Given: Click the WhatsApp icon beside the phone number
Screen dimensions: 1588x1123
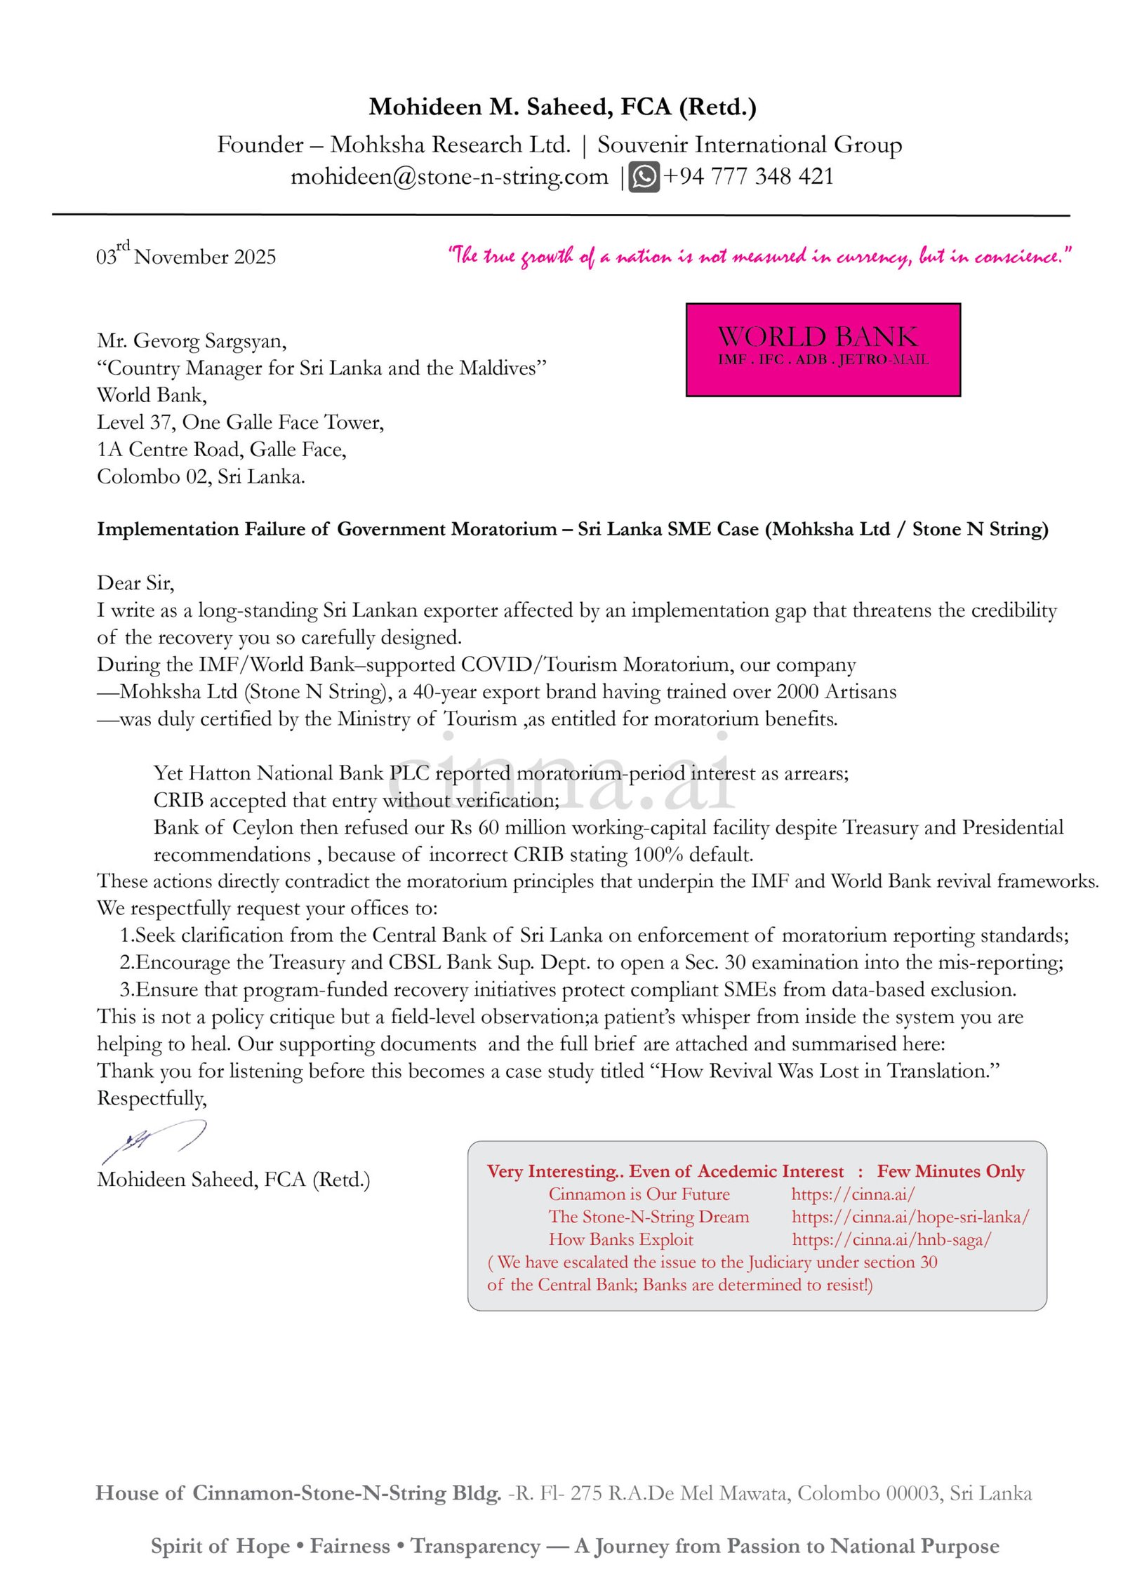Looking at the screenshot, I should tap(643, 176).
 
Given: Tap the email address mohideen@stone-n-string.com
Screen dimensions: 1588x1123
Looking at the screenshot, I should tap(449, 177).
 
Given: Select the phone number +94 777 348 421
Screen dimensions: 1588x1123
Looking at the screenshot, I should tap(748, 176).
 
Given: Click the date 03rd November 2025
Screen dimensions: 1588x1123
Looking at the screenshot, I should tap(186, 255).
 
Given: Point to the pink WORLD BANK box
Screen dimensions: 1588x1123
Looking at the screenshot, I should tap(823, 349).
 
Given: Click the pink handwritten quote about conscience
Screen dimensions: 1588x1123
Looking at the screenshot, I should tap(759, 255).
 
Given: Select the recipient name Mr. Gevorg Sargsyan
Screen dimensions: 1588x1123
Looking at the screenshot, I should tap(192, 341).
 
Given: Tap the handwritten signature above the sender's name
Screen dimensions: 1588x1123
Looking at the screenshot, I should tap(154, 1140).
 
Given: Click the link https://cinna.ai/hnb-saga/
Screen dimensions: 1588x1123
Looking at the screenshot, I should tap(891, 1240).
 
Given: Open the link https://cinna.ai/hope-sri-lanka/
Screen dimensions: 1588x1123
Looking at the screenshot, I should tap(910, 1217).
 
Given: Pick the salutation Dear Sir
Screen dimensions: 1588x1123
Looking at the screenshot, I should tap(135, 583).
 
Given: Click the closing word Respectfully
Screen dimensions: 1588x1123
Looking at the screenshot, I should tap(152, 1098).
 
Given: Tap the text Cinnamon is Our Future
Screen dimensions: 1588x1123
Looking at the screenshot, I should tap(639, 1194).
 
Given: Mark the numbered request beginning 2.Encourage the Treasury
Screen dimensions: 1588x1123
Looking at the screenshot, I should tap(591, 962).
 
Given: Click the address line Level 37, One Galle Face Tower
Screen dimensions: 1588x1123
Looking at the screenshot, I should tap(240, 422).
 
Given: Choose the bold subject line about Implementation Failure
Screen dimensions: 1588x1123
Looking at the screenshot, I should tap(572, 529).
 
